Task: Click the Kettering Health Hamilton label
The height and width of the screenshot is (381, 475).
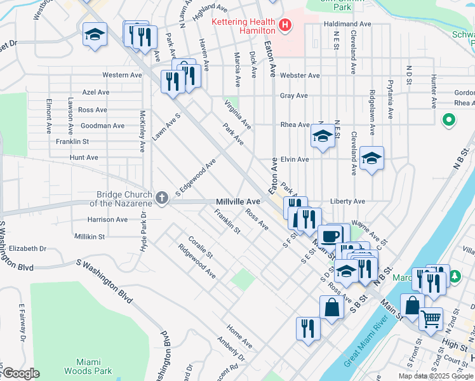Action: (244, 26)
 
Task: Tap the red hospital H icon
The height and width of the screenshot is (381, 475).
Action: (285, 26)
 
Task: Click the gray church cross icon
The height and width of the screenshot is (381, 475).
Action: (162, 198)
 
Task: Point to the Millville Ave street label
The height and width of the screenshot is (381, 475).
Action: (238, 201)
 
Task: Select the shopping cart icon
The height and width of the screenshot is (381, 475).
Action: (431, 319)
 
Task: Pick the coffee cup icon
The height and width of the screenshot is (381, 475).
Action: (330, 236)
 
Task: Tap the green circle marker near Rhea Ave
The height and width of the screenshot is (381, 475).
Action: (448, 119)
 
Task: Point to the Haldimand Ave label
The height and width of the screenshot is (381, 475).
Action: (347, 23)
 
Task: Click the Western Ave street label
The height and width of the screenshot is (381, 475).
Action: (122, 75)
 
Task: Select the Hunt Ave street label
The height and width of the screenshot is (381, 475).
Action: (84, 157)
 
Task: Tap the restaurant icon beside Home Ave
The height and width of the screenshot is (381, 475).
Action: (308, 328)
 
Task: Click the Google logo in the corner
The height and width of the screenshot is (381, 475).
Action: (20, 373)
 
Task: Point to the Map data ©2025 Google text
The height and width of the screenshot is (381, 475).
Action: (436, 376)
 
